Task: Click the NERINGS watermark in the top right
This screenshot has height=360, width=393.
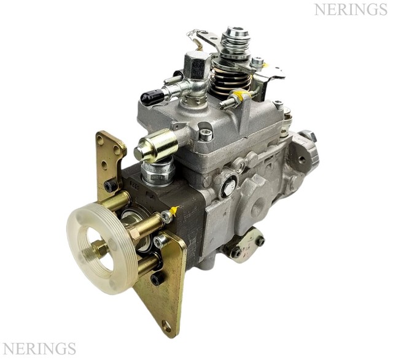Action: pos(352,10)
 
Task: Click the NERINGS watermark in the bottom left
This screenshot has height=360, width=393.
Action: pos(38,349)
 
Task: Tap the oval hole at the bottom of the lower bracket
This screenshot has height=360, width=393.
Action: pos(166,326)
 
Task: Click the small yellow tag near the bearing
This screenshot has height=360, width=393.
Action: pos(173,212)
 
